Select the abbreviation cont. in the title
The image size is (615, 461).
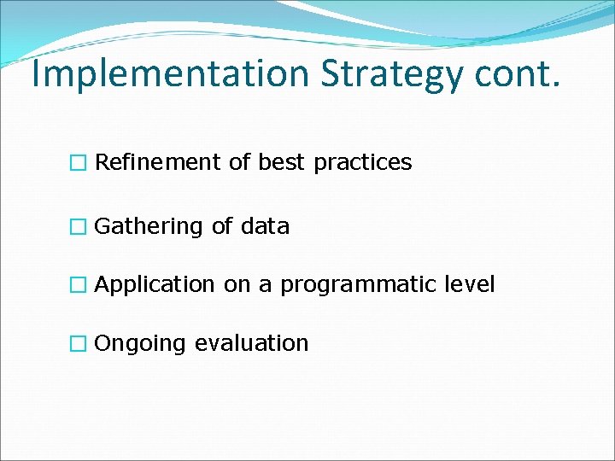tap(521, 74)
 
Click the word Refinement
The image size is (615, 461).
tap(158, 162)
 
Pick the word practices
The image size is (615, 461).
tap(362, 163)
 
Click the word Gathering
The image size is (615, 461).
tap(149, 227)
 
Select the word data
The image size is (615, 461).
tap(265, 227)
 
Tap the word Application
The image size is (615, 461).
tap(155, 285)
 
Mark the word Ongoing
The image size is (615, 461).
tap(140, 344)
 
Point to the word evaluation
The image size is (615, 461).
tap(251, 343)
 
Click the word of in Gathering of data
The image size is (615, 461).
tap(221, 227)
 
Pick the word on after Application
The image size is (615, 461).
tap(235, 285)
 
